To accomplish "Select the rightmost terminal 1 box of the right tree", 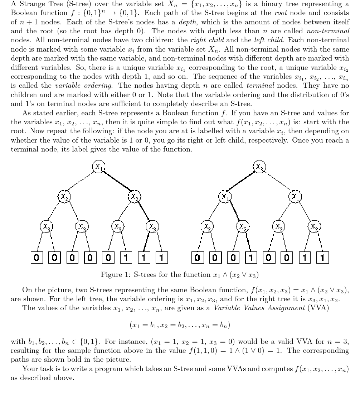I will tap(322, 257).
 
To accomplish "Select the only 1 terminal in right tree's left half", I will tap(251, 257).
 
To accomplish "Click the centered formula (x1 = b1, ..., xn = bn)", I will tap(180, 325).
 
